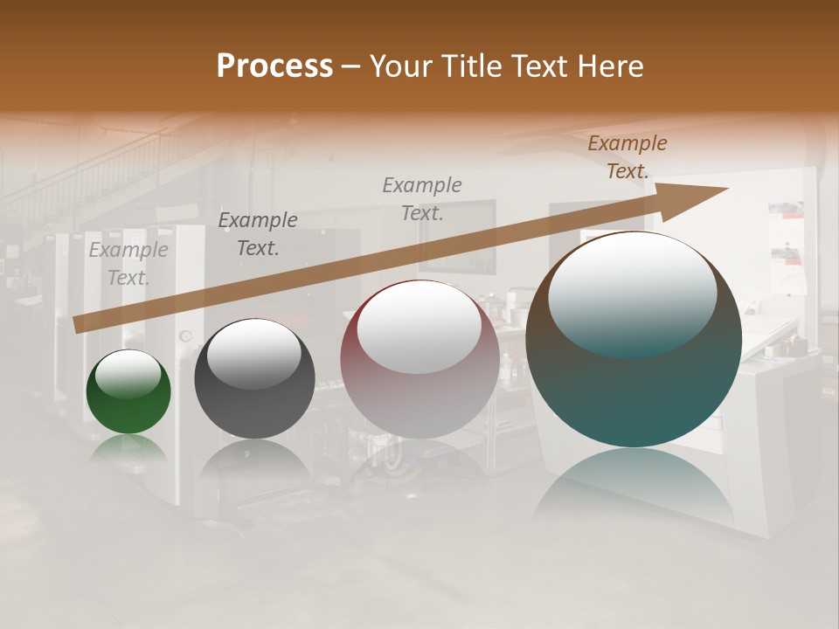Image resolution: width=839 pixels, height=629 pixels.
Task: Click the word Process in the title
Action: click(x=274, y=66)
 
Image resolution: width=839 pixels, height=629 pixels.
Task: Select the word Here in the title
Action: click(x=609, y=66)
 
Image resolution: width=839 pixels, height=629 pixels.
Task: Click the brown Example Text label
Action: click(x=628, y=157)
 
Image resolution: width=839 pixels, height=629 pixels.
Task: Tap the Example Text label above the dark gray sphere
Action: click(x=258, y=234)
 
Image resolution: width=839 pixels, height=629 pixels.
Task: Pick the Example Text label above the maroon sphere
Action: click(x=422, y=198)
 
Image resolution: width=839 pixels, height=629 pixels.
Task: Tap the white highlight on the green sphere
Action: click(x=128, y=374)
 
